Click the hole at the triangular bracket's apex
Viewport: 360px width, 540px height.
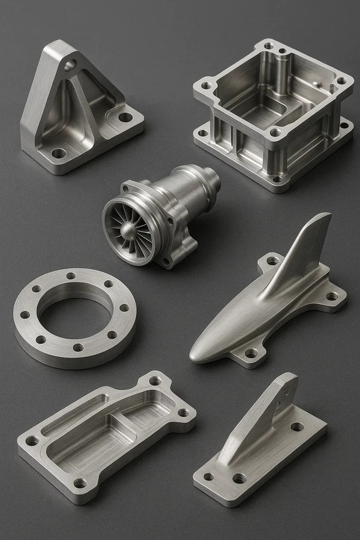point(71,64)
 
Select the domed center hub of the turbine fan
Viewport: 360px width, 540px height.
point(129,231)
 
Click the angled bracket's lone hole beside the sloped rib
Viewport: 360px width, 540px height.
point(297,427)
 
